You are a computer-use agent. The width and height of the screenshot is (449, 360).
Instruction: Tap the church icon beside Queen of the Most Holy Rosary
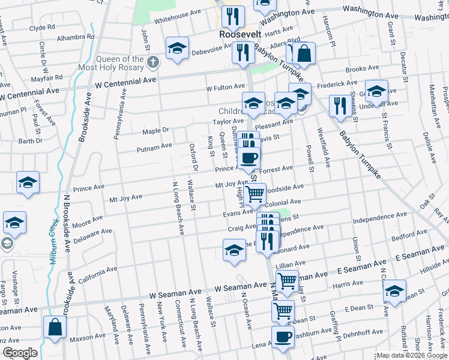(x=154, y=62)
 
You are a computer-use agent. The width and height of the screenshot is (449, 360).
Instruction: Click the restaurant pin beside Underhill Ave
(x=340, y=106)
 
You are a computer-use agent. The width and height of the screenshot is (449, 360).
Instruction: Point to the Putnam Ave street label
(x=154, y=146)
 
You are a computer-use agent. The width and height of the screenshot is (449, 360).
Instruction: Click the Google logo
(x=19, y=353)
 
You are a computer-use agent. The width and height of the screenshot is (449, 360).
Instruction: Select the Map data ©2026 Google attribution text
(x=412, y=355)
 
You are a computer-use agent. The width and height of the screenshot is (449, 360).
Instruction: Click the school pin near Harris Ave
(x=394, y=292)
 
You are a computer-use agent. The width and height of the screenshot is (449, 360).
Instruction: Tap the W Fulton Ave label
(x=226, y=88)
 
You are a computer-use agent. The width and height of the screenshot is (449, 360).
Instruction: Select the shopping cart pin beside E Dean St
(x=283, y=311)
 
